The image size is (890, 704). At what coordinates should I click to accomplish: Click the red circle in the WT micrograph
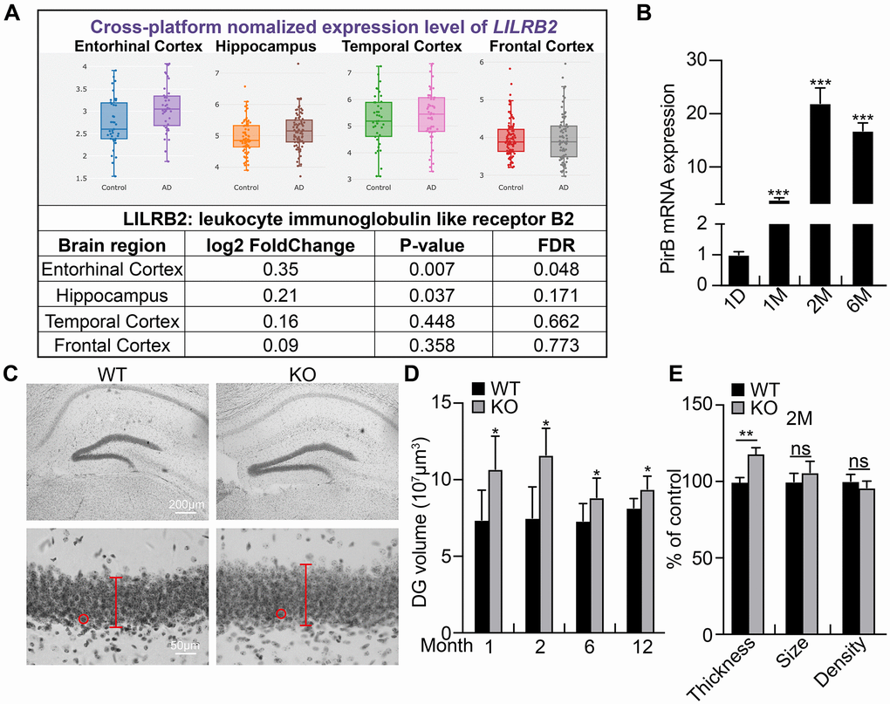click(x=84, y=619)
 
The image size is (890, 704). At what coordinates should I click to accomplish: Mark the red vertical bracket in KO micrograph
click(x=305, y=594)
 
